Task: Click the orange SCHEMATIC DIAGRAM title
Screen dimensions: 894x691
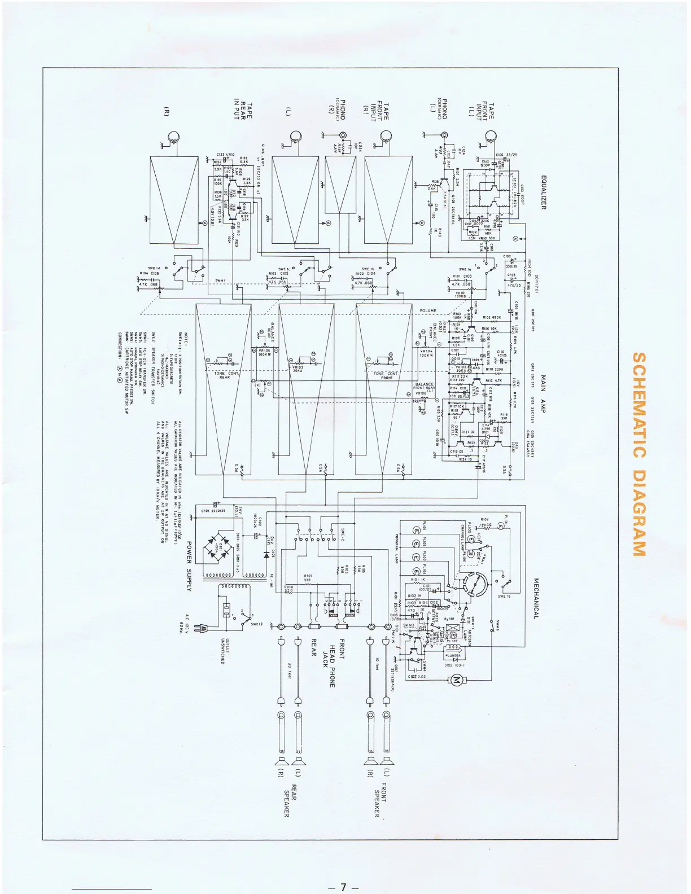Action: click(638, 454)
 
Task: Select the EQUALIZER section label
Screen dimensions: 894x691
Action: click(544, 192)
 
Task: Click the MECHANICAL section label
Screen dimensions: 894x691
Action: click(536, 598)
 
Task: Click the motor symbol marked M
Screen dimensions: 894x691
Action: click(457, 680)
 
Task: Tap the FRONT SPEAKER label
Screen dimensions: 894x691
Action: click(380, 799)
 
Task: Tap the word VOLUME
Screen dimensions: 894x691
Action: click(428, 311)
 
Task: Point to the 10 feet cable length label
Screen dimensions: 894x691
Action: click(377, 664)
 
